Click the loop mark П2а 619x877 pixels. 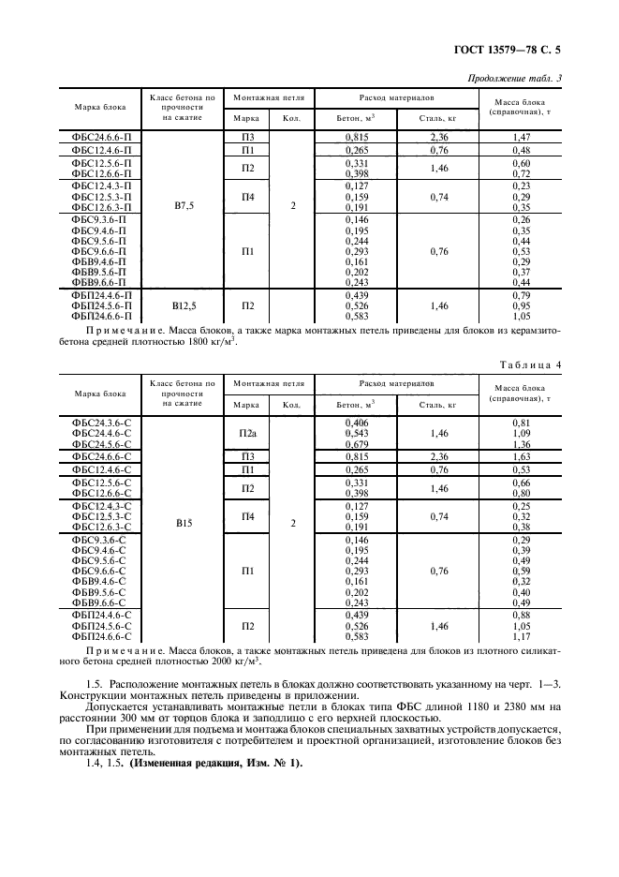click(x=247, y=434)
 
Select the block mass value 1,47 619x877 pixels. click(x=522, y=137)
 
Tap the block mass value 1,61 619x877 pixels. click(x=522, y=455)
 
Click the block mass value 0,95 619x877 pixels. click(x=522, y=305)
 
